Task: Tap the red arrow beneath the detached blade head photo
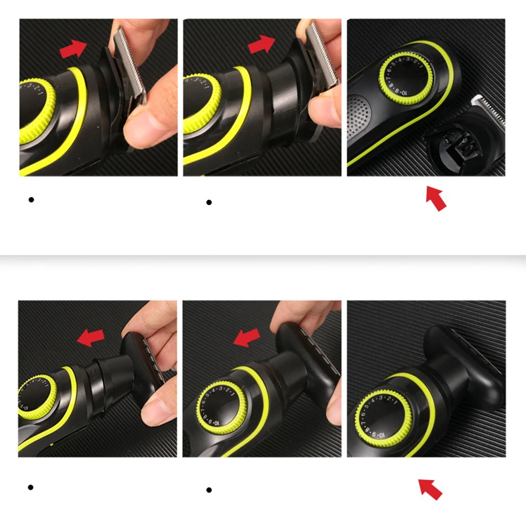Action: tap(436, 198)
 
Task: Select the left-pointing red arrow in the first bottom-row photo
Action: tap(91, 338)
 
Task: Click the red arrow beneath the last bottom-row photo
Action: tap(431, 489)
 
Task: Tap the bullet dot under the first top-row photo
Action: tap(31, 199)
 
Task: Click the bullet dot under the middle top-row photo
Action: tap(209, 202)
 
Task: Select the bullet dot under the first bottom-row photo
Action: tap(31, 487)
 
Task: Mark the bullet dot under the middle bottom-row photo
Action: tap(209, 490)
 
